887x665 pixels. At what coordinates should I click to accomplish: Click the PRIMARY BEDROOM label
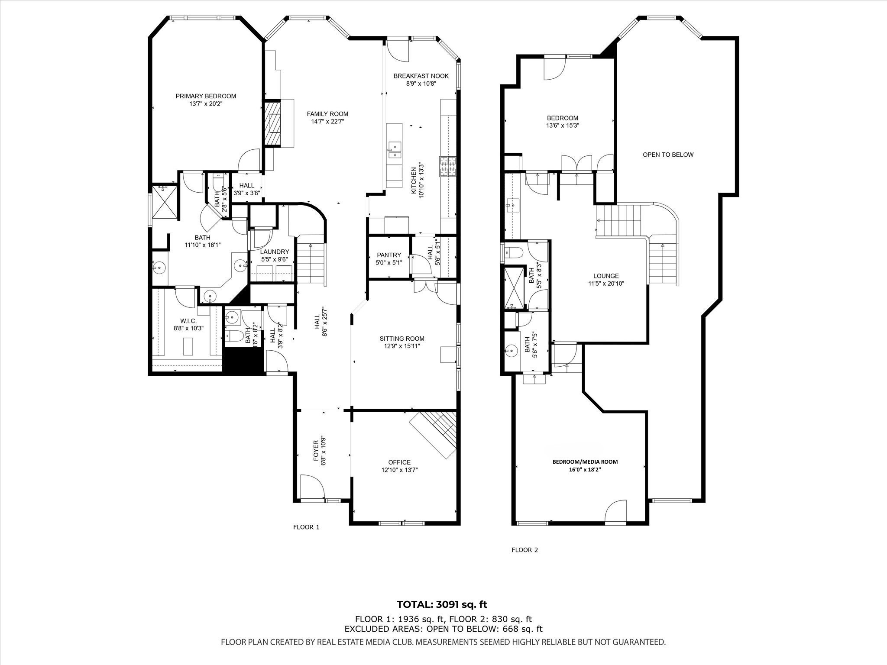coord(206,96)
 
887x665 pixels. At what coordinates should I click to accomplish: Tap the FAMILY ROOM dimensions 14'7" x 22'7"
coord(327,122)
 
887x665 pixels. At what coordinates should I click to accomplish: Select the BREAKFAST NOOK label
coord(421,76)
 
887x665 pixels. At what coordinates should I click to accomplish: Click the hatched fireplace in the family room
coord(272,123)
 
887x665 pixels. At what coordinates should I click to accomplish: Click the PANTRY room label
coord(389,255)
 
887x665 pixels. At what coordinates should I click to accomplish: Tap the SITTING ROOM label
coord(402,339)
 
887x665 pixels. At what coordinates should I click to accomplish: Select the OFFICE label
coord(399,462)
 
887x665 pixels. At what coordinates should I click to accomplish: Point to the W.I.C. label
coord(188,321)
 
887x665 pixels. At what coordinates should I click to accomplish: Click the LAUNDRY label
coord(275,252)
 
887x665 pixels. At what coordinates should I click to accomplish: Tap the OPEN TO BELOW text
coord(668,155)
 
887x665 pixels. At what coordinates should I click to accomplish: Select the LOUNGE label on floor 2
coord(606,276)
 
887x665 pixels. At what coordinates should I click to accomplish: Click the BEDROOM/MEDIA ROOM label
coord(585,462)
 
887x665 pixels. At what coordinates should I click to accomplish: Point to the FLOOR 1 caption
coord(306,527)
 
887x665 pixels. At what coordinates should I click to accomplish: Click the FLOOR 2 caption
coord(524,550)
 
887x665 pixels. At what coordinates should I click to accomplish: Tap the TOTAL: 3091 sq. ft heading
coord(442,604)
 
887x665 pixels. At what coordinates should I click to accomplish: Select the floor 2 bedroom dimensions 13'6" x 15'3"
coord(563,126)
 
